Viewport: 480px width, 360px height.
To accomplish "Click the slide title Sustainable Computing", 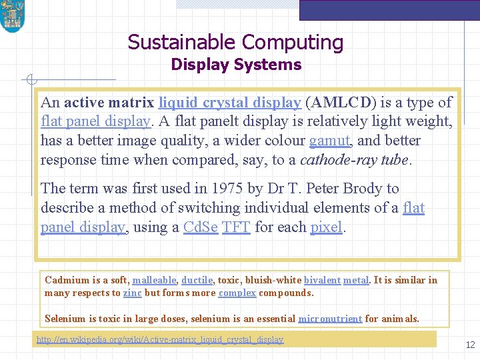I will [x=235, y=43].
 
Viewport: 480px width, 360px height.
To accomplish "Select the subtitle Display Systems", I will [x=236, y=65].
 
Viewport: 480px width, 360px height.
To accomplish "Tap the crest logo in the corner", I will [x=12, y=16].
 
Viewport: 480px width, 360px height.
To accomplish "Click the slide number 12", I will [x=470, y=345].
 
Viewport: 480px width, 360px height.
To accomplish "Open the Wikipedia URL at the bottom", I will [x=160, y=340].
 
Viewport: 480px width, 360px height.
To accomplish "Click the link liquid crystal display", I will [x=229, y=103].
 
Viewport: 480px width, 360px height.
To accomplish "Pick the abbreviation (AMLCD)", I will [x=340, y=103].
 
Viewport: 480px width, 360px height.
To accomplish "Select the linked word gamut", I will [x=329, y=141].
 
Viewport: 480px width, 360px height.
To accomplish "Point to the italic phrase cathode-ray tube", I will [x=355, y=160].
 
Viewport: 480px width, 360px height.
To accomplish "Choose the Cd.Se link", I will [x=200, y=227].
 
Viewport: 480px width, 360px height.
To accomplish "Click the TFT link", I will [x=236, y=227].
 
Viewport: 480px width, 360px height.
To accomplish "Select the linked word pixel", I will [x=326, y=227].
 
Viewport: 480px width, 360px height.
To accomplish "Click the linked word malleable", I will [x=155, y=281].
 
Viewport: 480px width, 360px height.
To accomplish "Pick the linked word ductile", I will [x=197, y=281].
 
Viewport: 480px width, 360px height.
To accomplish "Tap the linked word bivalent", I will [x=322, y=281].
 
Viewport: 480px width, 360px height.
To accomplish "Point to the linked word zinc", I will [x=132, y=293].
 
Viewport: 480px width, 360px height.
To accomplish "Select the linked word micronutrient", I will [x=330, y=319].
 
